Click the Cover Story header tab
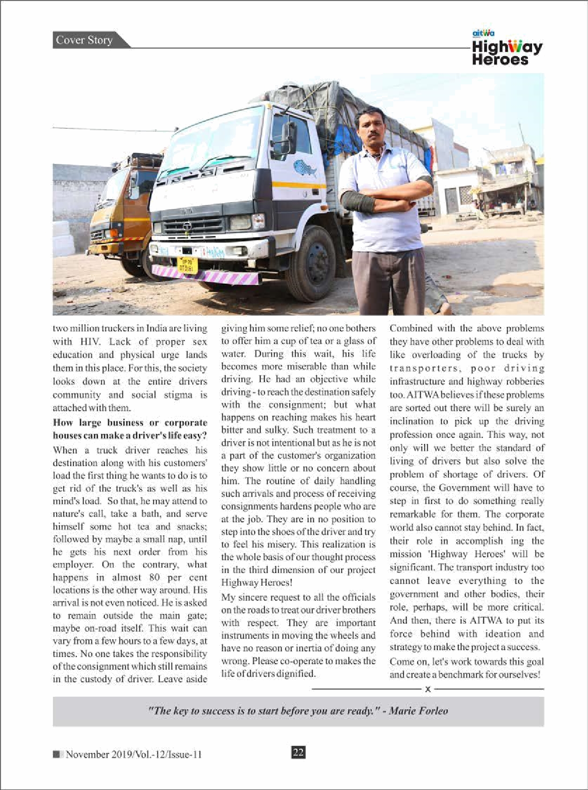(84, 40)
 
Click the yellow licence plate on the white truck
(187, 264)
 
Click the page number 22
(298, 752)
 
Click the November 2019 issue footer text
(133, 754)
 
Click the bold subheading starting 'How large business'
(130, 429)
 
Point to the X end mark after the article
(427, 689)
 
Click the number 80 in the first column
(154, 577)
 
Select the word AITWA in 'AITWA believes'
(423, 395)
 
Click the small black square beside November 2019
(57, 754)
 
